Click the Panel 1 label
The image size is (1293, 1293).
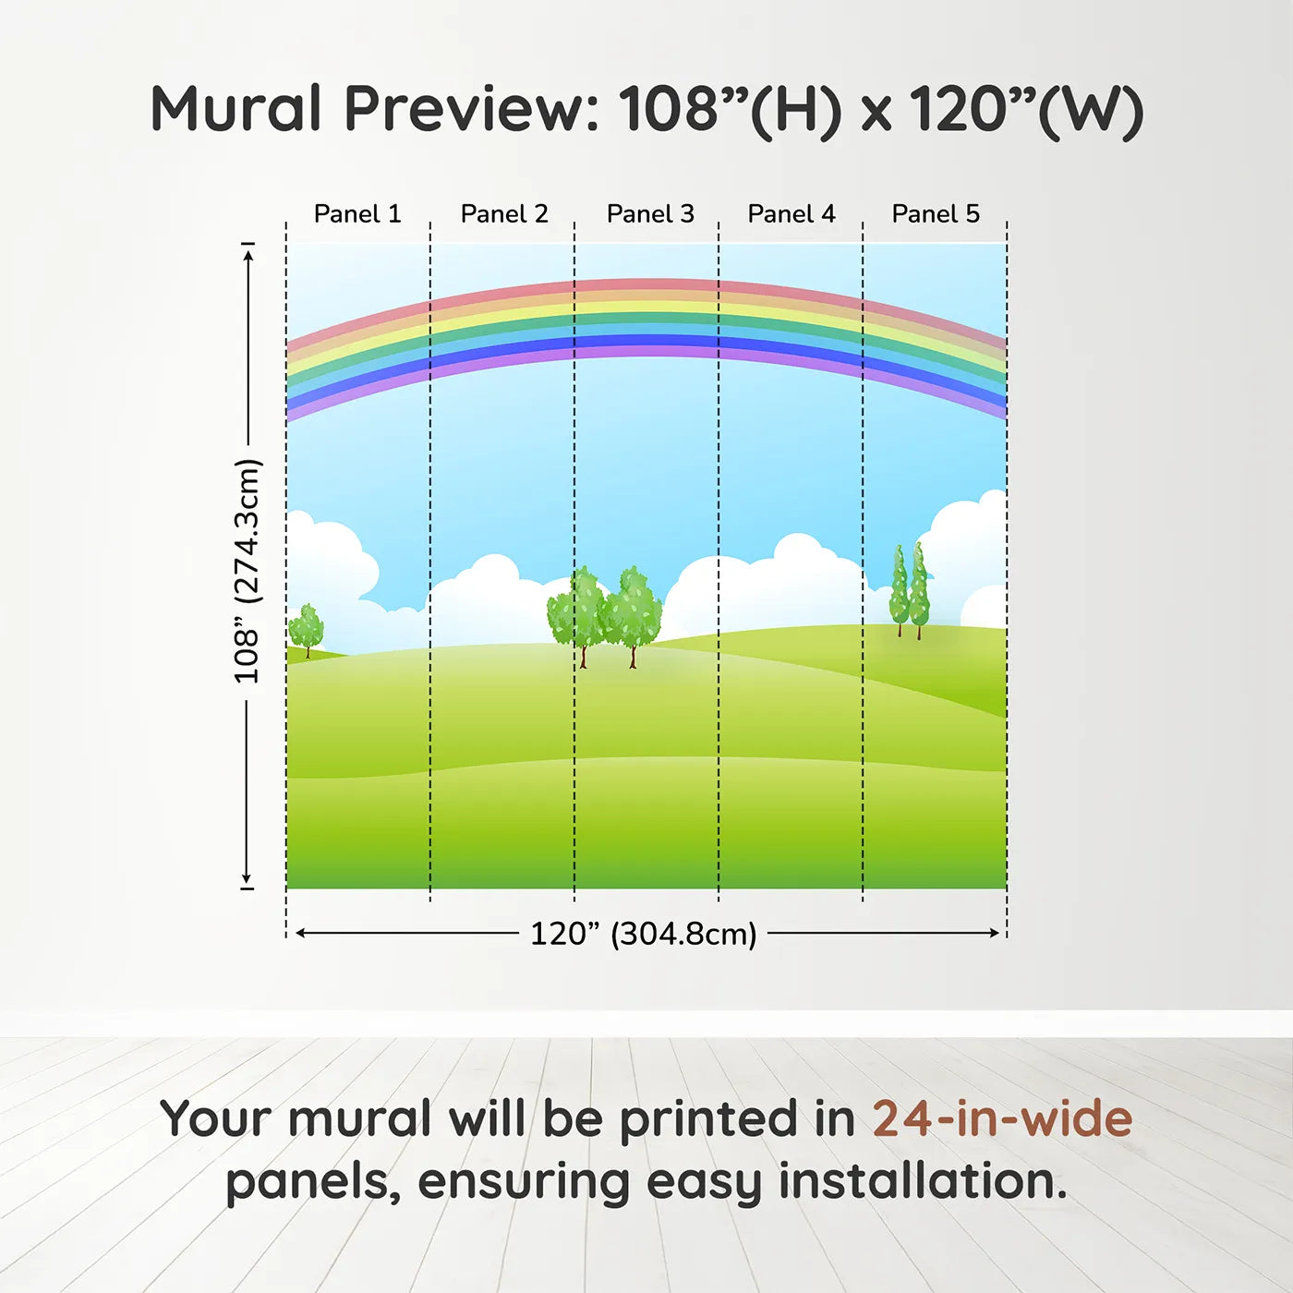pos(357,214)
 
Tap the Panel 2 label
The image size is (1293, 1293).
pos(504,214)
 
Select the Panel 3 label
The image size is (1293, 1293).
pos(650,214)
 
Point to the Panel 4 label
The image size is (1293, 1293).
pos(792,214)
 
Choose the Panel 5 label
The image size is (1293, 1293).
pos(936,214)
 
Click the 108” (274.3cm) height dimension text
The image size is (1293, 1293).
pos(247,572)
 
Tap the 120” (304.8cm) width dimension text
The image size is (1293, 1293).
pos(644,934)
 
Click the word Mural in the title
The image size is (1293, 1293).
pos(236,109)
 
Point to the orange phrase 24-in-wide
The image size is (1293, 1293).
pos(1002,1118)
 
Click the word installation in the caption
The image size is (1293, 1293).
pos(922,1181)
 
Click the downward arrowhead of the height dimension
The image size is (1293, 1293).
pos(247,877)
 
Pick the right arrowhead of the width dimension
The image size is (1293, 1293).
pos(994,934)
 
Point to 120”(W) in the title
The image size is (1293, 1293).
pos(1026,110)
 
